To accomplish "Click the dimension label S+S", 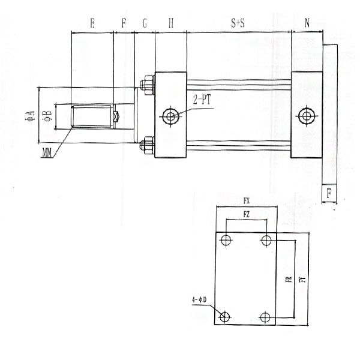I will click(238, 23).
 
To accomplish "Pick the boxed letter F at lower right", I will click(329, 193).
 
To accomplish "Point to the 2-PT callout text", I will click(202, 100).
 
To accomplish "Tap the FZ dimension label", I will click(246, 214).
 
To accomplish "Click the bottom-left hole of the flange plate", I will click(226, 317).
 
